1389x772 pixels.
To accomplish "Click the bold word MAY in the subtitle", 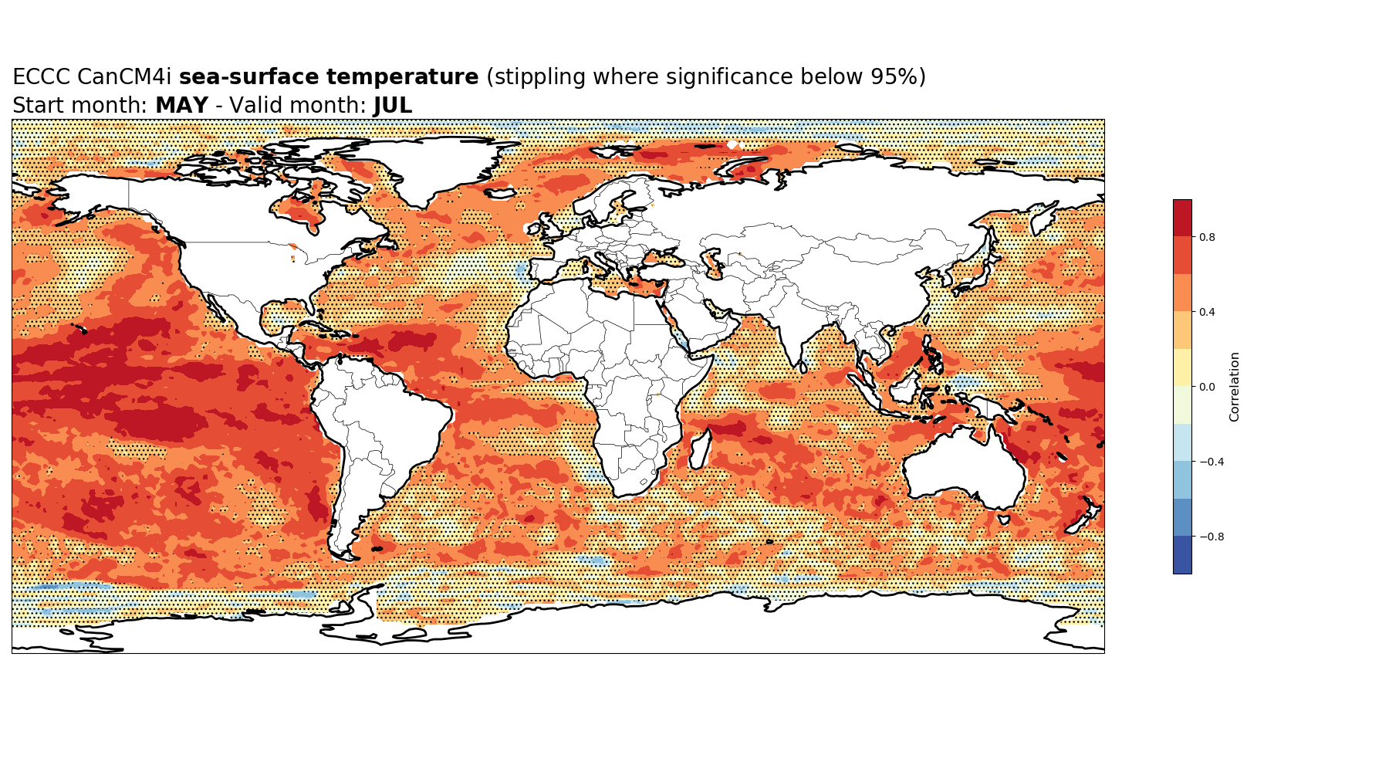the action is coord(181,106).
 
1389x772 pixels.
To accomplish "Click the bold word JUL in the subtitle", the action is coord(393,106).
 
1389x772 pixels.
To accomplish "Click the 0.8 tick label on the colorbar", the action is coord(1207,237).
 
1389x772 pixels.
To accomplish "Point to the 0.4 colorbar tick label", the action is coord(1207,312).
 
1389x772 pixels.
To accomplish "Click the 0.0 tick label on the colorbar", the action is coord(1207,387).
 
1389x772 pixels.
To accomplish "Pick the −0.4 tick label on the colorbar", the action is coord(1211,462).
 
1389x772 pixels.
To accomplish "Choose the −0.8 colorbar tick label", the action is coord(1211,537).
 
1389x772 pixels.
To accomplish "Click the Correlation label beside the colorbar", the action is coord(1235,387).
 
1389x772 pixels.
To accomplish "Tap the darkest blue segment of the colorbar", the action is coord(1182,555).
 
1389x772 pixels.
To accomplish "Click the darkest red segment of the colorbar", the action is coord(1182,218).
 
